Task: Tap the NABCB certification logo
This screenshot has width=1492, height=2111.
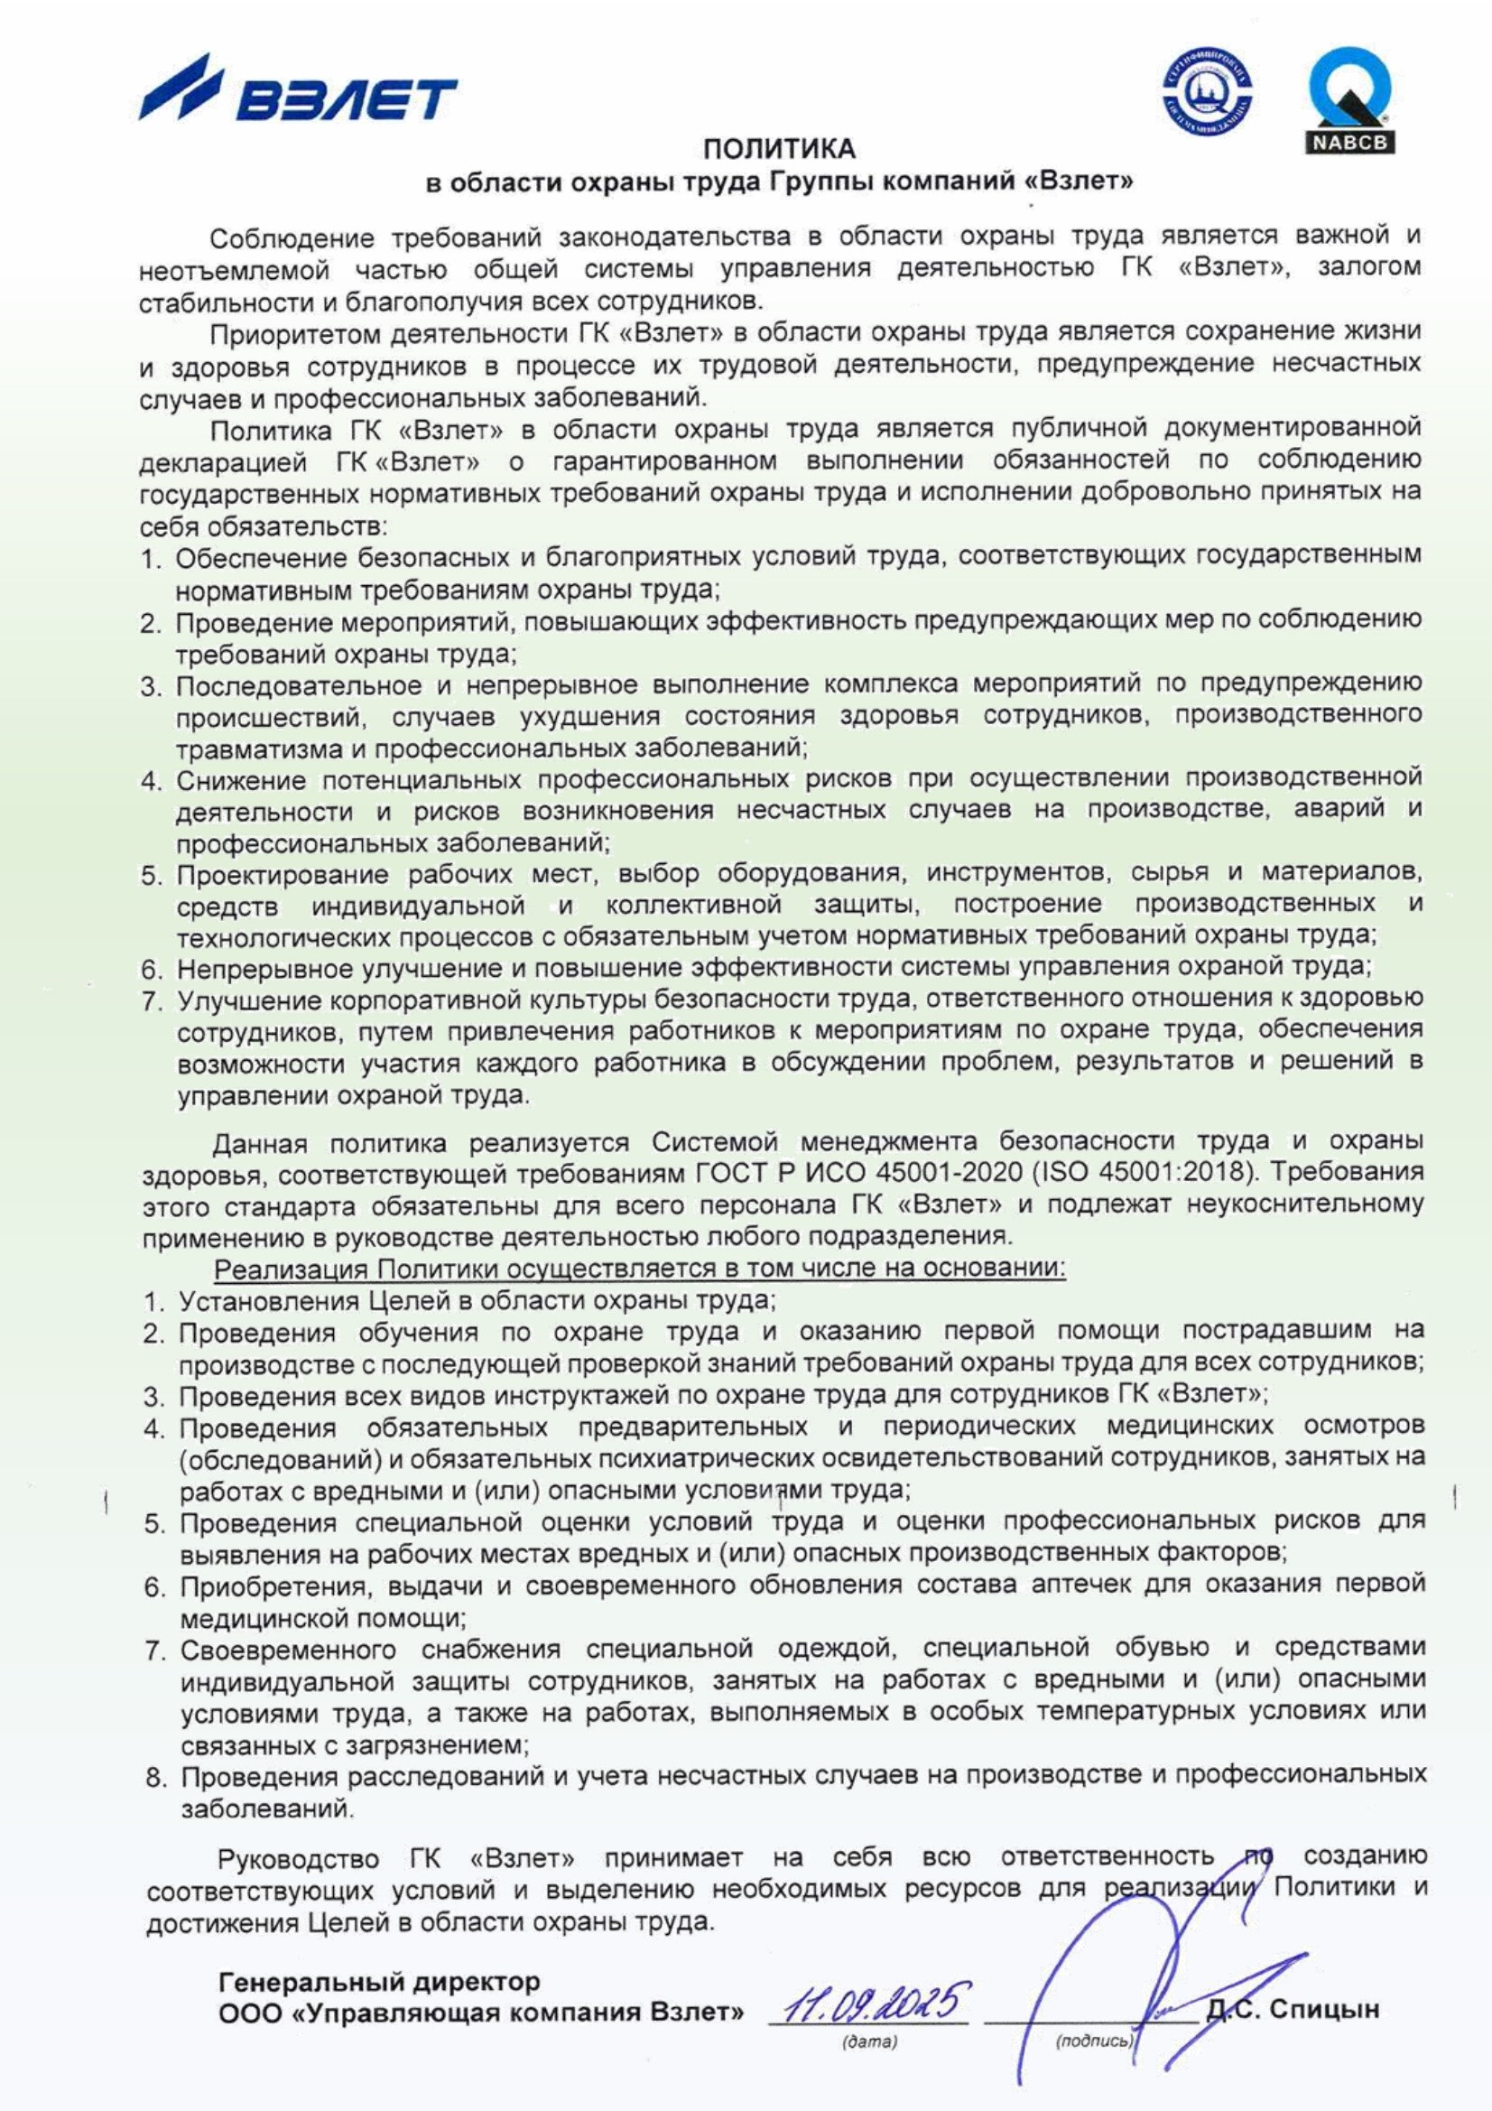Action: [x=1348, y=102]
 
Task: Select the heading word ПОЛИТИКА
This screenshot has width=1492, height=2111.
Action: [x=779, y=149]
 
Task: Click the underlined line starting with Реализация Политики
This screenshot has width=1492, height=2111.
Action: [x=640, y=1268]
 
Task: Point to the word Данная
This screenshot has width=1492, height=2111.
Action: [x=260, y=1144]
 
